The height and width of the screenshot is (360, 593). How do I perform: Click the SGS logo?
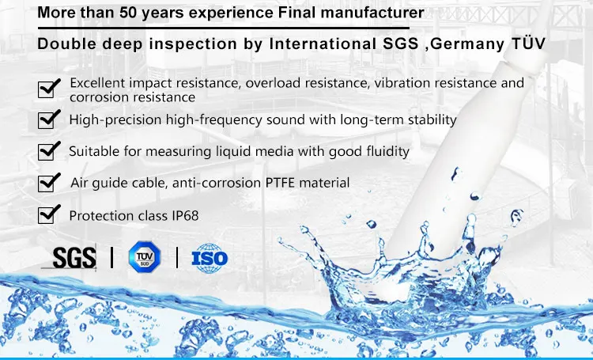tap(73, 257)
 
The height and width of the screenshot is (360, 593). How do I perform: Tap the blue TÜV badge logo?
tap(143, 256)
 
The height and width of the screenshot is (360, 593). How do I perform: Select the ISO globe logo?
tap(210, 257)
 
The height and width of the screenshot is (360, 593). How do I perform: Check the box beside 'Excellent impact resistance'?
tap(50, 88)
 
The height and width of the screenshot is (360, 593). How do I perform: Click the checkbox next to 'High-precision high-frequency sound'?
tap(50, 120)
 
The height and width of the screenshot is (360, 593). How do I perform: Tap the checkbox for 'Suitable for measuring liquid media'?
tap(50, 150)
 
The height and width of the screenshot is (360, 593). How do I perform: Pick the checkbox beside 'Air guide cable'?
tap(50, 183)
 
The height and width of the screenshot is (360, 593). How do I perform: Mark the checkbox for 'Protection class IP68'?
tap(50, 214)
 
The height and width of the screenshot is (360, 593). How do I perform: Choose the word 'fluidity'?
tap(385, 150)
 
